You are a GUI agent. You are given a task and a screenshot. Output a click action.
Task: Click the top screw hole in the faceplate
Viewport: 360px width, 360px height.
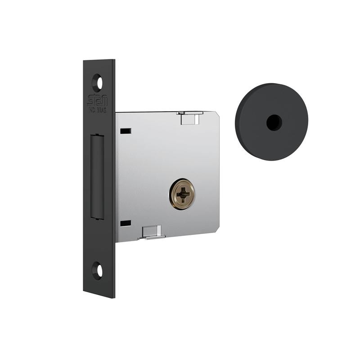tap(97, 83)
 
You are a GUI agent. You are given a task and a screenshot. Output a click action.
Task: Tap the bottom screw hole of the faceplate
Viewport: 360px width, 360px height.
tap(98, 270)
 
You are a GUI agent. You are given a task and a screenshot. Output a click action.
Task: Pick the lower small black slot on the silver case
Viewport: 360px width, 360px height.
tap(126, 223)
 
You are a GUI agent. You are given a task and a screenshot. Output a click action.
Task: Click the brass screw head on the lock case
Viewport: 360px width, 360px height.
tap(182, 193)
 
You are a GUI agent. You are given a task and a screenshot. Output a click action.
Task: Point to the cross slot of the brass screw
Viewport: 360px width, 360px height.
tap(182, 193)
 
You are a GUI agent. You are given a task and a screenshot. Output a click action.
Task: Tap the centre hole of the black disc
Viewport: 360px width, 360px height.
tap(273, 122)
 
